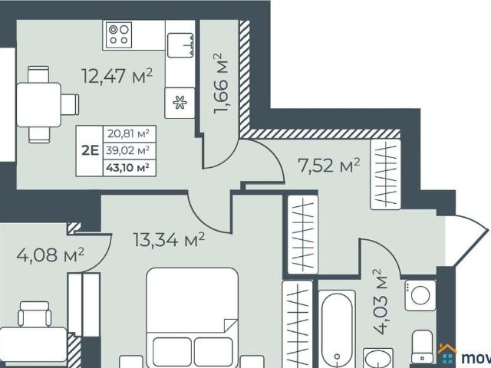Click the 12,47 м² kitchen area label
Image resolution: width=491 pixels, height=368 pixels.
click(117, 76)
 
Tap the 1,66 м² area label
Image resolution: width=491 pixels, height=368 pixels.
click(222, 84)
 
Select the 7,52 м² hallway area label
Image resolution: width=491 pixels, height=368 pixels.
click(329, 166)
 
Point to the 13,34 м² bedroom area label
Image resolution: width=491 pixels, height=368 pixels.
click(169, 239)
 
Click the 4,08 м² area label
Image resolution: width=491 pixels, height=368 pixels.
click(50, 255)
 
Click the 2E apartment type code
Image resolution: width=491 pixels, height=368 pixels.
click(90, 150)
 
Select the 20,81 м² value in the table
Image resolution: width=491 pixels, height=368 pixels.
click(128, 133)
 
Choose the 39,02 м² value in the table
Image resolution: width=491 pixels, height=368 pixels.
click(127, 150)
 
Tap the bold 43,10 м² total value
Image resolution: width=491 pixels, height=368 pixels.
click(127, 167)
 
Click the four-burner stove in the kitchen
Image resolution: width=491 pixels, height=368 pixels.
click(119, 34)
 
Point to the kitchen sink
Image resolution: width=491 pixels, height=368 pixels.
click(180, 45)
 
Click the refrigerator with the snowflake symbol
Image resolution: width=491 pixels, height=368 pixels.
click(180, 103)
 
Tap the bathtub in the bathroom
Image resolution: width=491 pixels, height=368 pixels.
click(337, 329)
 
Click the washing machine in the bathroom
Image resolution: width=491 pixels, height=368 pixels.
click(420, 295)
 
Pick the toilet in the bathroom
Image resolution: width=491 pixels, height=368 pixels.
click(423, 347)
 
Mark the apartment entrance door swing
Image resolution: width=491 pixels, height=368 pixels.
click(466, 239)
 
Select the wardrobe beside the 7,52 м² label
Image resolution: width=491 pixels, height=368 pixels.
click(385, 174)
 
